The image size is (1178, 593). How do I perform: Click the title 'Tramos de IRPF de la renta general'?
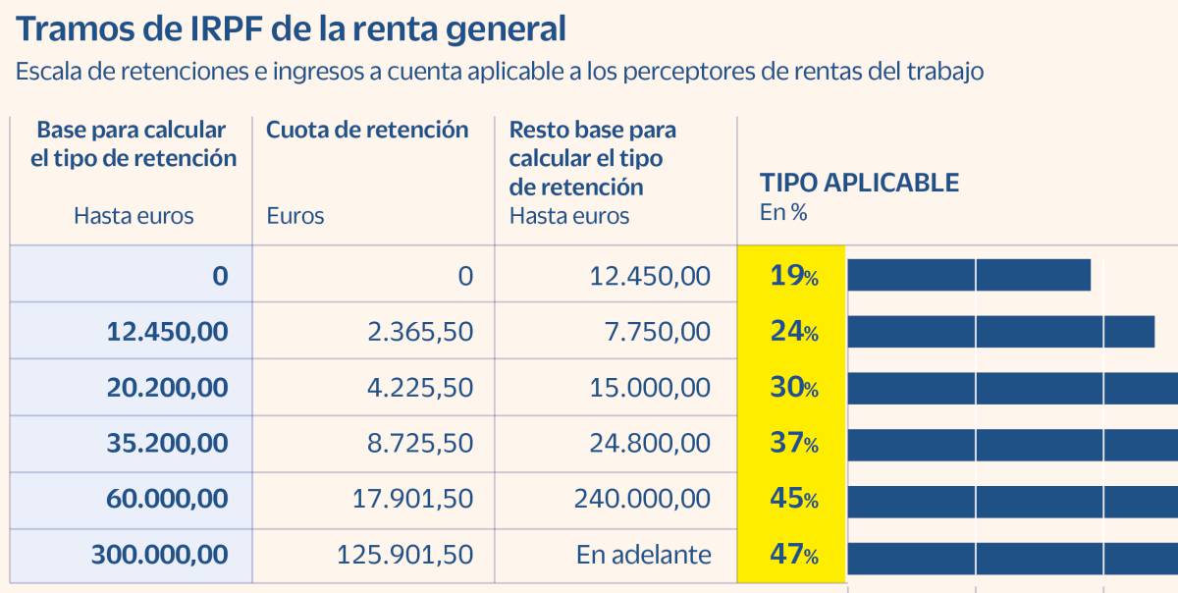click(291, 28)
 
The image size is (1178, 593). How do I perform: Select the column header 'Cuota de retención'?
click(367, 130)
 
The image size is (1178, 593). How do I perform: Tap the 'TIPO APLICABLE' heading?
click(859, 183)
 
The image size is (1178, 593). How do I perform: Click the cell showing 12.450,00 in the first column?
click(167, 332)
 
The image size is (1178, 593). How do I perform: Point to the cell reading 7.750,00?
click(657, 332)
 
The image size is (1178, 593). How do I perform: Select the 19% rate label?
click(793, 276)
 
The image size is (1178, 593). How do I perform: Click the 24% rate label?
click(793, 332)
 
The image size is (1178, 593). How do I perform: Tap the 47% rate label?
click(793, 555)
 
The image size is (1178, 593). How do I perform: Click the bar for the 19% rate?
click(969, 276)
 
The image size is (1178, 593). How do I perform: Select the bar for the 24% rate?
click(1000, 332)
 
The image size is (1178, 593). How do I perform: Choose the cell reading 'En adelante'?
click(643, 555)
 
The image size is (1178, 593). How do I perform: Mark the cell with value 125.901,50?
click(404, 555)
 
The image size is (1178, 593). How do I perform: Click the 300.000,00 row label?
click(160, 555)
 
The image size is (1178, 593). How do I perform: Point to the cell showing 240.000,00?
click(642, 499)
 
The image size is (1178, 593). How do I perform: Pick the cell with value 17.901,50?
click(412, 499)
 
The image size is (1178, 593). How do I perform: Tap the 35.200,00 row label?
click(167, 443)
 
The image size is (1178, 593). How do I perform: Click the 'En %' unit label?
click(783, 212)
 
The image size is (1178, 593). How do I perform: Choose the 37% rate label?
click(793, 443)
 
